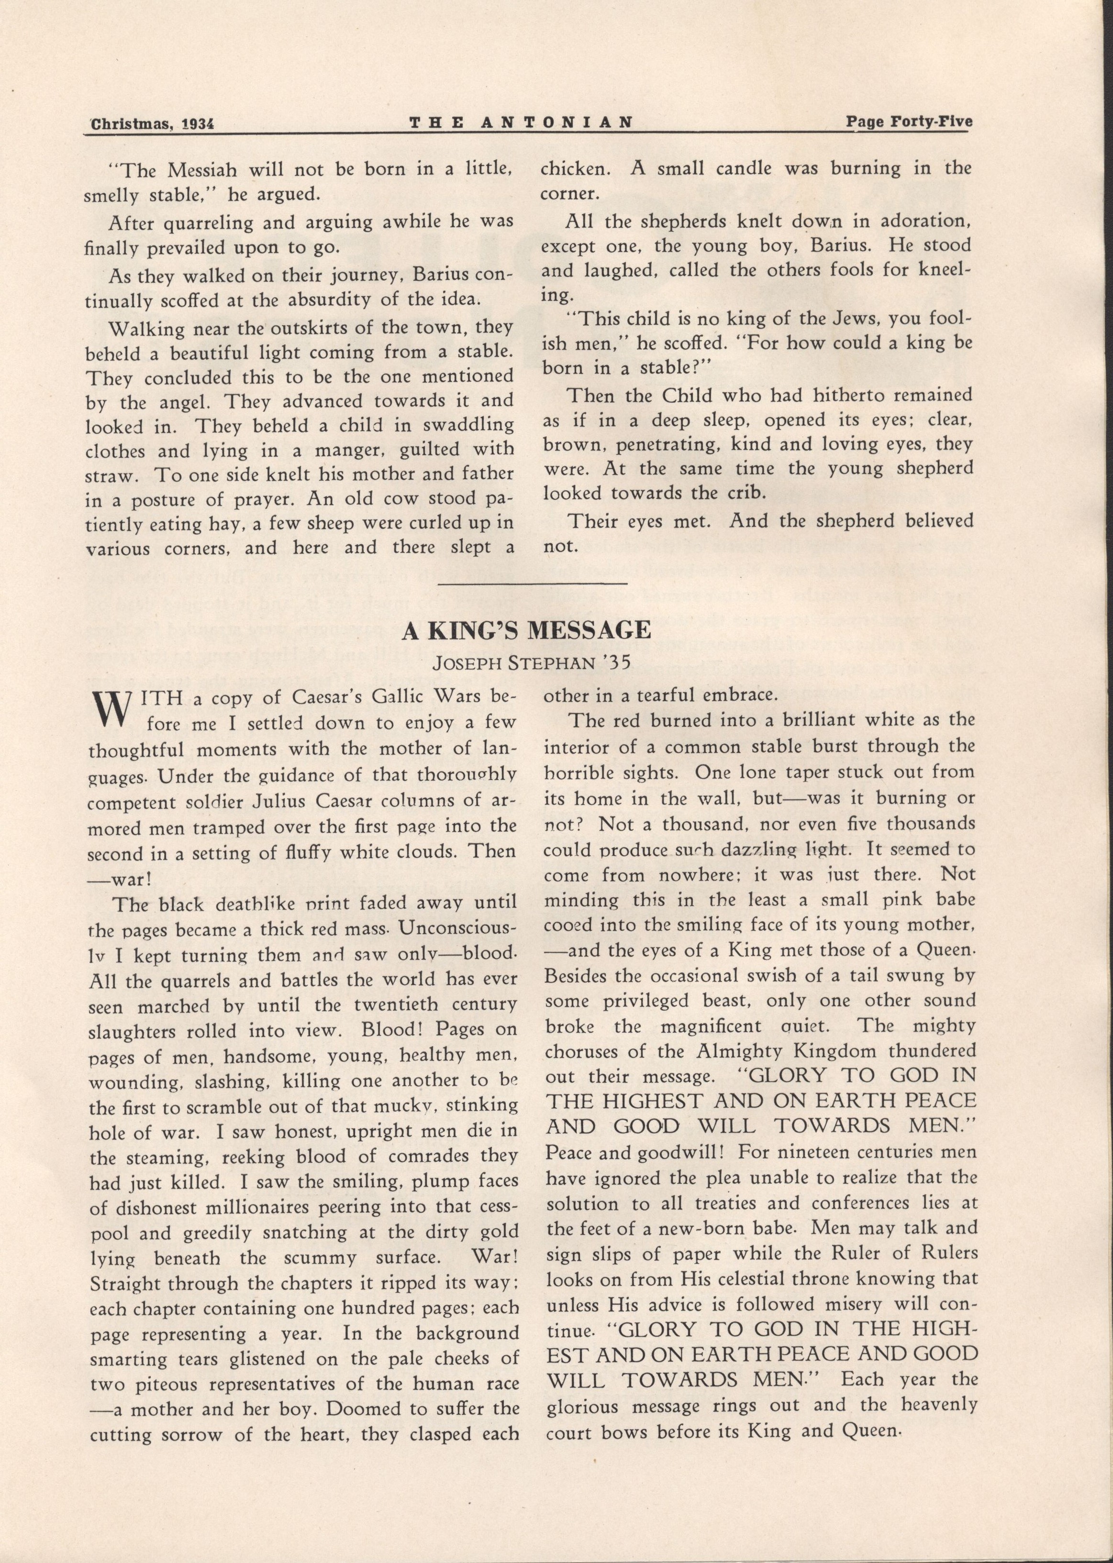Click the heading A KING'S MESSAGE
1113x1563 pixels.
tap(526, 631)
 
